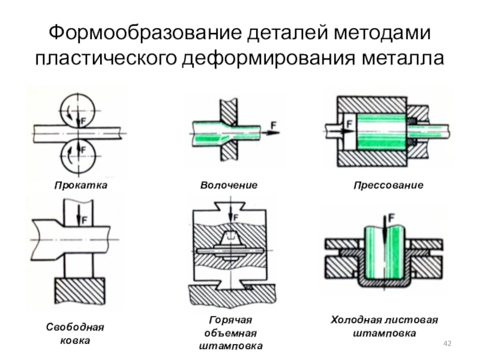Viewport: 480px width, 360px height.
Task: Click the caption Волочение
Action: point(229,186)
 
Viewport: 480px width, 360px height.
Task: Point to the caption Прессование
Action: point(388,186)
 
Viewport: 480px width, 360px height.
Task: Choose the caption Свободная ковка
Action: point(75,334)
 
